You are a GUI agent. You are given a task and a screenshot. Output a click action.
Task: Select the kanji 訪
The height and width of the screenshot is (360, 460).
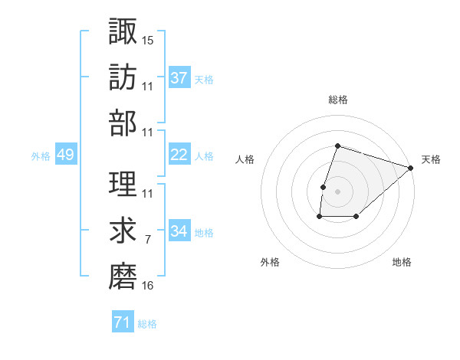[123, 77]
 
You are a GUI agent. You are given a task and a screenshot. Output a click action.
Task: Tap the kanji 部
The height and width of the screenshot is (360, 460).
[123, 123]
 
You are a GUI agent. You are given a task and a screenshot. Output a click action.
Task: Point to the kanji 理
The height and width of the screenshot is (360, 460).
[123, 182]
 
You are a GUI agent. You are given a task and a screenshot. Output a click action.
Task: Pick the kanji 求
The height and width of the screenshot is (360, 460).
[123, 230]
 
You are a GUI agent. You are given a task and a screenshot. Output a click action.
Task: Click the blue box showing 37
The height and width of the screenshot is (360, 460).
[179, 77]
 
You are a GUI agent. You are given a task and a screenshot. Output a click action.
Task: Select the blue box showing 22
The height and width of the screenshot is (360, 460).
[179, 155]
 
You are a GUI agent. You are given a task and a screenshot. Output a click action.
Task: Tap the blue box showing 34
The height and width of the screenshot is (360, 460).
[179, 231]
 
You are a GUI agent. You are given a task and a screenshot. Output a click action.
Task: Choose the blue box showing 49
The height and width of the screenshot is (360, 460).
[65, 155]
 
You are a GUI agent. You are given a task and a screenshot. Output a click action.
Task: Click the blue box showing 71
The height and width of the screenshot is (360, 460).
[122, 322]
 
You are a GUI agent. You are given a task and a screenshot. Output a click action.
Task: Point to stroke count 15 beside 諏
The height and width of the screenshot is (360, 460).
[148, 40]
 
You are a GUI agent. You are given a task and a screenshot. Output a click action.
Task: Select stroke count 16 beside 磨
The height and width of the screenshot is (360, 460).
[148, 286]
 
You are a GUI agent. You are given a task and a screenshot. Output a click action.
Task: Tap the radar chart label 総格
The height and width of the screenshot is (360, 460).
[337, 100]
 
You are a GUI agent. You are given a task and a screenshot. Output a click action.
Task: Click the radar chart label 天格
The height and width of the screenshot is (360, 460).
[431, 159]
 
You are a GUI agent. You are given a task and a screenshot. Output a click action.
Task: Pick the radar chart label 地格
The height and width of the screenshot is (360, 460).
[402, 262]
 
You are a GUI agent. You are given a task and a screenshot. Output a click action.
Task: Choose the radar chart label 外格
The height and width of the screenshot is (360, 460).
[270, 262]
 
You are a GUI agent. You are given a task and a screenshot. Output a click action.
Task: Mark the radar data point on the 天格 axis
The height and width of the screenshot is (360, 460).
[411, 168]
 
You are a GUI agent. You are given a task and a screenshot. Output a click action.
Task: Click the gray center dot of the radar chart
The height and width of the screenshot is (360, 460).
[337, 191]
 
